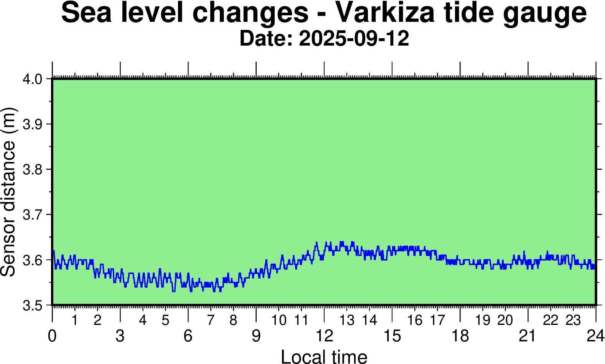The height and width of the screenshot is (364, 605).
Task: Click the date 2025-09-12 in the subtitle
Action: tap(354, 39)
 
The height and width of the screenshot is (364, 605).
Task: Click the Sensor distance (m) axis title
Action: tap(8, 192)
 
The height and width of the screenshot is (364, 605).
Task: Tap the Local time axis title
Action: tap(324, 356)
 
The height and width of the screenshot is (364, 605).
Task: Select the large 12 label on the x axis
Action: tap(324, 336)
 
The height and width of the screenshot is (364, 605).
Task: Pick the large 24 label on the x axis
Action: tap(595, 336)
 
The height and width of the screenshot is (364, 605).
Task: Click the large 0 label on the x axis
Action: tap(52, 336)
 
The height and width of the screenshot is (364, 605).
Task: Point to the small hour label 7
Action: tap(211, 320)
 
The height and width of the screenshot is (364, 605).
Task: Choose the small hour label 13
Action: tap(347, 320)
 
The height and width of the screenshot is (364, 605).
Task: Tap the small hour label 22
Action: tap(551, 320)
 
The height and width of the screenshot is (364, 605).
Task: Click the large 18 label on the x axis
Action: tap(460, 336)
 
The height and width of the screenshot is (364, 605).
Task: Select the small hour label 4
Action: tap(143, 320)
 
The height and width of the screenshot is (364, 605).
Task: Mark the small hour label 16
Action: tap(415, 320)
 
